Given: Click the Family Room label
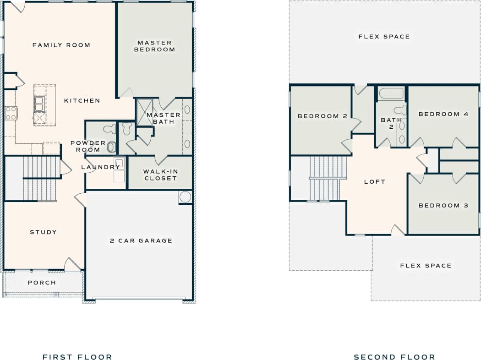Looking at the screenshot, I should [61, 45].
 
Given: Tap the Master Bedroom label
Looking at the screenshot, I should [154, 46].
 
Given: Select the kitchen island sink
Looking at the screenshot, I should [39, 104].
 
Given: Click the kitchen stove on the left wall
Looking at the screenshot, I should [11, 113].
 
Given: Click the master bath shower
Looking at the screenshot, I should [145, 112].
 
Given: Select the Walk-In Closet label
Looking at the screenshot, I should [160, 175].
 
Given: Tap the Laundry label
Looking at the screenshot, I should [100, 167].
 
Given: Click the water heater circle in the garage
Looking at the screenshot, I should [185, 197].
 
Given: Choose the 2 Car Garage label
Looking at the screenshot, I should [141, 240].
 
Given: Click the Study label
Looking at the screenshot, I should [43, 232].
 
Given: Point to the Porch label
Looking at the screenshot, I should [42, 283].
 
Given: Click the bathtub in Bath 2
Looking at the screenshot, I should [391, 93].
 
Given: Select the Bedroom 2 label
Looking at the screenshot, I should [322, 116].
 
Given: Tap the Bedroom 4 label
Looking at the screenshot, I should [443, 114].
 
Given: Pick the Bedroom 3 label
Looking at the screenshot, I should [443, 205].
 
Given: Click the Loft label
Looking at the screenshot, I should [374, 181].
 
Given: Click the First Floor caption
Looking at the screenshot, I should [77, 357].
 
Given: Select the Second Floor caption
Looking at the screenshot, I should [394, 357].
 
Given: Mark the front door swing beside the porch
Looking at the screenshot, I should [72, 265].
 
